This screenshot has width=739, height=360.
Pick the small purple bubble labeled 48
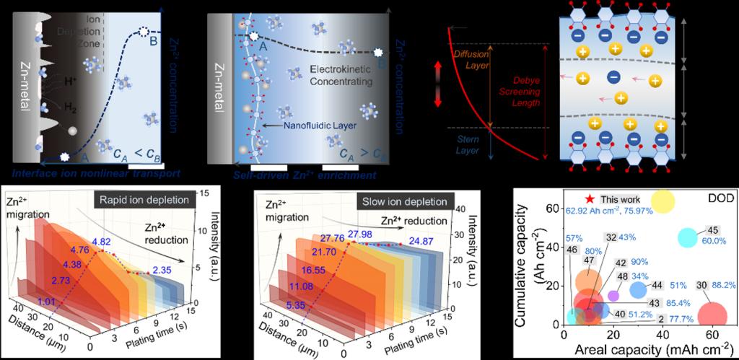click(x=613, y=295)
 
